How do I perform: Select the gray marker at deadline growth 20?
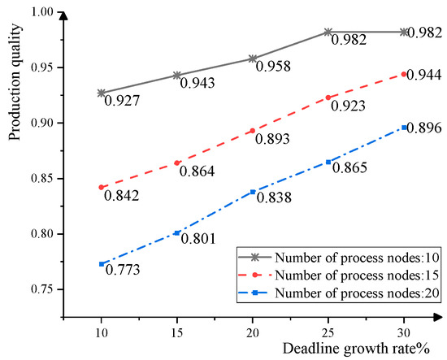click(x=253, y=59)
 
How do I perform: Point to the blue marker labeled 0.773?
click(x=102, y=263)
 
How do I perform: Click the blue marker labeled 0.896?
click(x=404, y=127)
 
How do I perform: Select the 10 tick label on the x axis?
click(x=101, y=334)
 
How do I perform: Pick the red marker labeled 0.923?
click(x=328, y=97)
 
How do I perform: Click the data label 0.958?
click(x=271, y=67)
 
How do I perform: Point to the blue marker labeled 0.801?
click(x=177, y=232)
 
